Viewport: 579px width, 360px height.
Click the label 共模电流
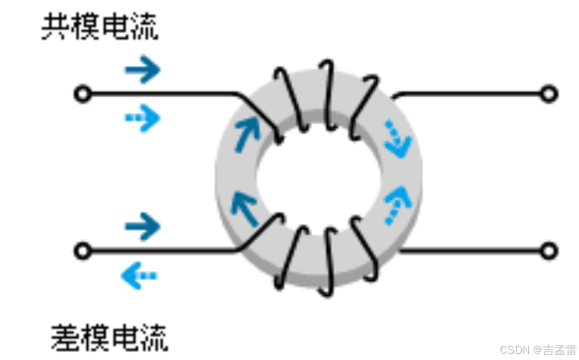point(100,28)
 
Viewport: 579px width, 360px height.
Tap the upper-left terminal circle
point(82,94)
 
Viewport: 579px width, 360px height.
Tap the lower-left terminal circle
point(82,251)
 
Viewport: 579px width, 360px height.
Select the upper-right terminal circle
point(549,94)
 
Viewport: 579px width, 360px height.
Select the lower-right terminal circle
point(549,251)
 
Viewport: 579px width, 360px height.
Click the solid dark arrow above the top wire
point(143,69)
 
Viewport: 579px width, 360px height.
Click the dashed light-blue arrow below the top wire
point(143,119)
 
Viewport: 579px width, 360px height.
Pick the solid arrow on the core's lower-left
point(245,208)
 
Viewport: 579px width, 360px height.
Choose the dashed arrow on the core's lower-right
point(397,204)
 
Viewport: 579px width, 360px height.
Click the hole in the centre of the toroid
point(318,172)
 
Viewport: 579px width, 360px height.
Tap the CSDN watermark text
point(538,350)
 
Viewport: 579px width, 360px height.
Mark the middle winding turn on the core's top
point(327,94)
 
